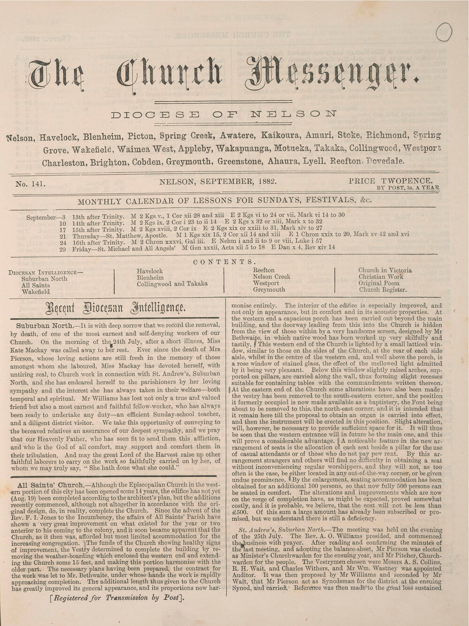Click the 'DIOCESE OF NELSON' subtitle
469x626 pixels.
point(226,114)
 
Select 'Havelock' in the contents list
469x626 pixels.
point(149,271)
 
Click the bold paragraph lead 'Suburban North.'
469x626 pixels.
point(45,325)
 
